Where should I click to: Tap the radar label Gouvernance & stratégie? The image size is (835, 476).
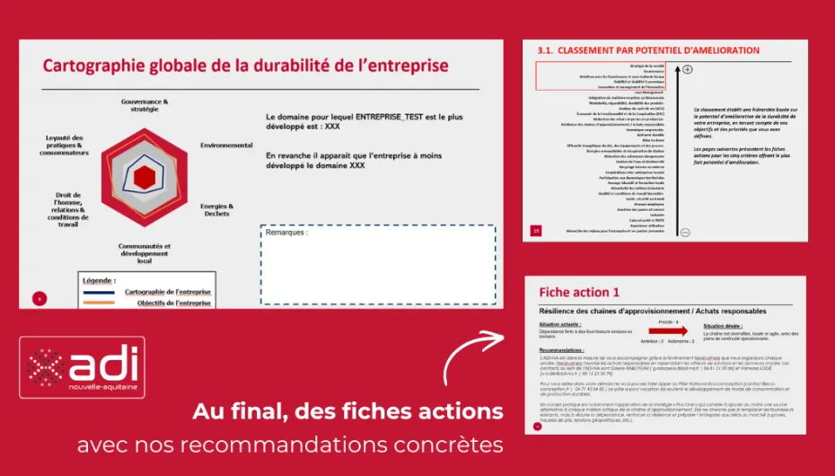tap(145, 106)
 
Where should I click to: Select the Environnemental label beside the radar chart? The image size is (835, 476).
tap(226, 145)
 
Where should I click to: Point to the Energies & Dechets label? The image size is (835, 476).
tap(215, 209)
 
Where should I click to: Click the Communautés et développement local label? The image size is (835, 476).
tap(145, 253)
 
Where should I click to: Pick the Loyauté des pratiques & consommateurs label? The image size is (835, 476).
tap(65, 145)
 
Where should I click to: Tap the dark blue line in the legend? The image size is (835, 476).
tap(98, 293)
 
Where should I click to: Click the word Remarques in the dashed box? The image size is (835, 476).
tap(286, 233)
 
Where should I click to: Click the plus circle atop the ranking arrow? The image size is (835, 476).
tap(687, 69)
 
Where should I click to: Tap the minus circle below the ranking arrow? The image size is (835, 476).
tap(686, 232)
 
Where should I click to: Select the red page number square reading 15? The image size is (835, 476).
tap(536, 231)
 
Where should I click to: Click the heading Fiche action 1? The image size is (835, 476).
tap(578, 292)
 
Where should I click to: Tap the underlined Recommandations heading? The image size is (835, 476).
tap(561, 349)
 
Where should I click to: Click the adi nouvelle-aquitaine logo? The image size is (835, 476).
tap(82, 367)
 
